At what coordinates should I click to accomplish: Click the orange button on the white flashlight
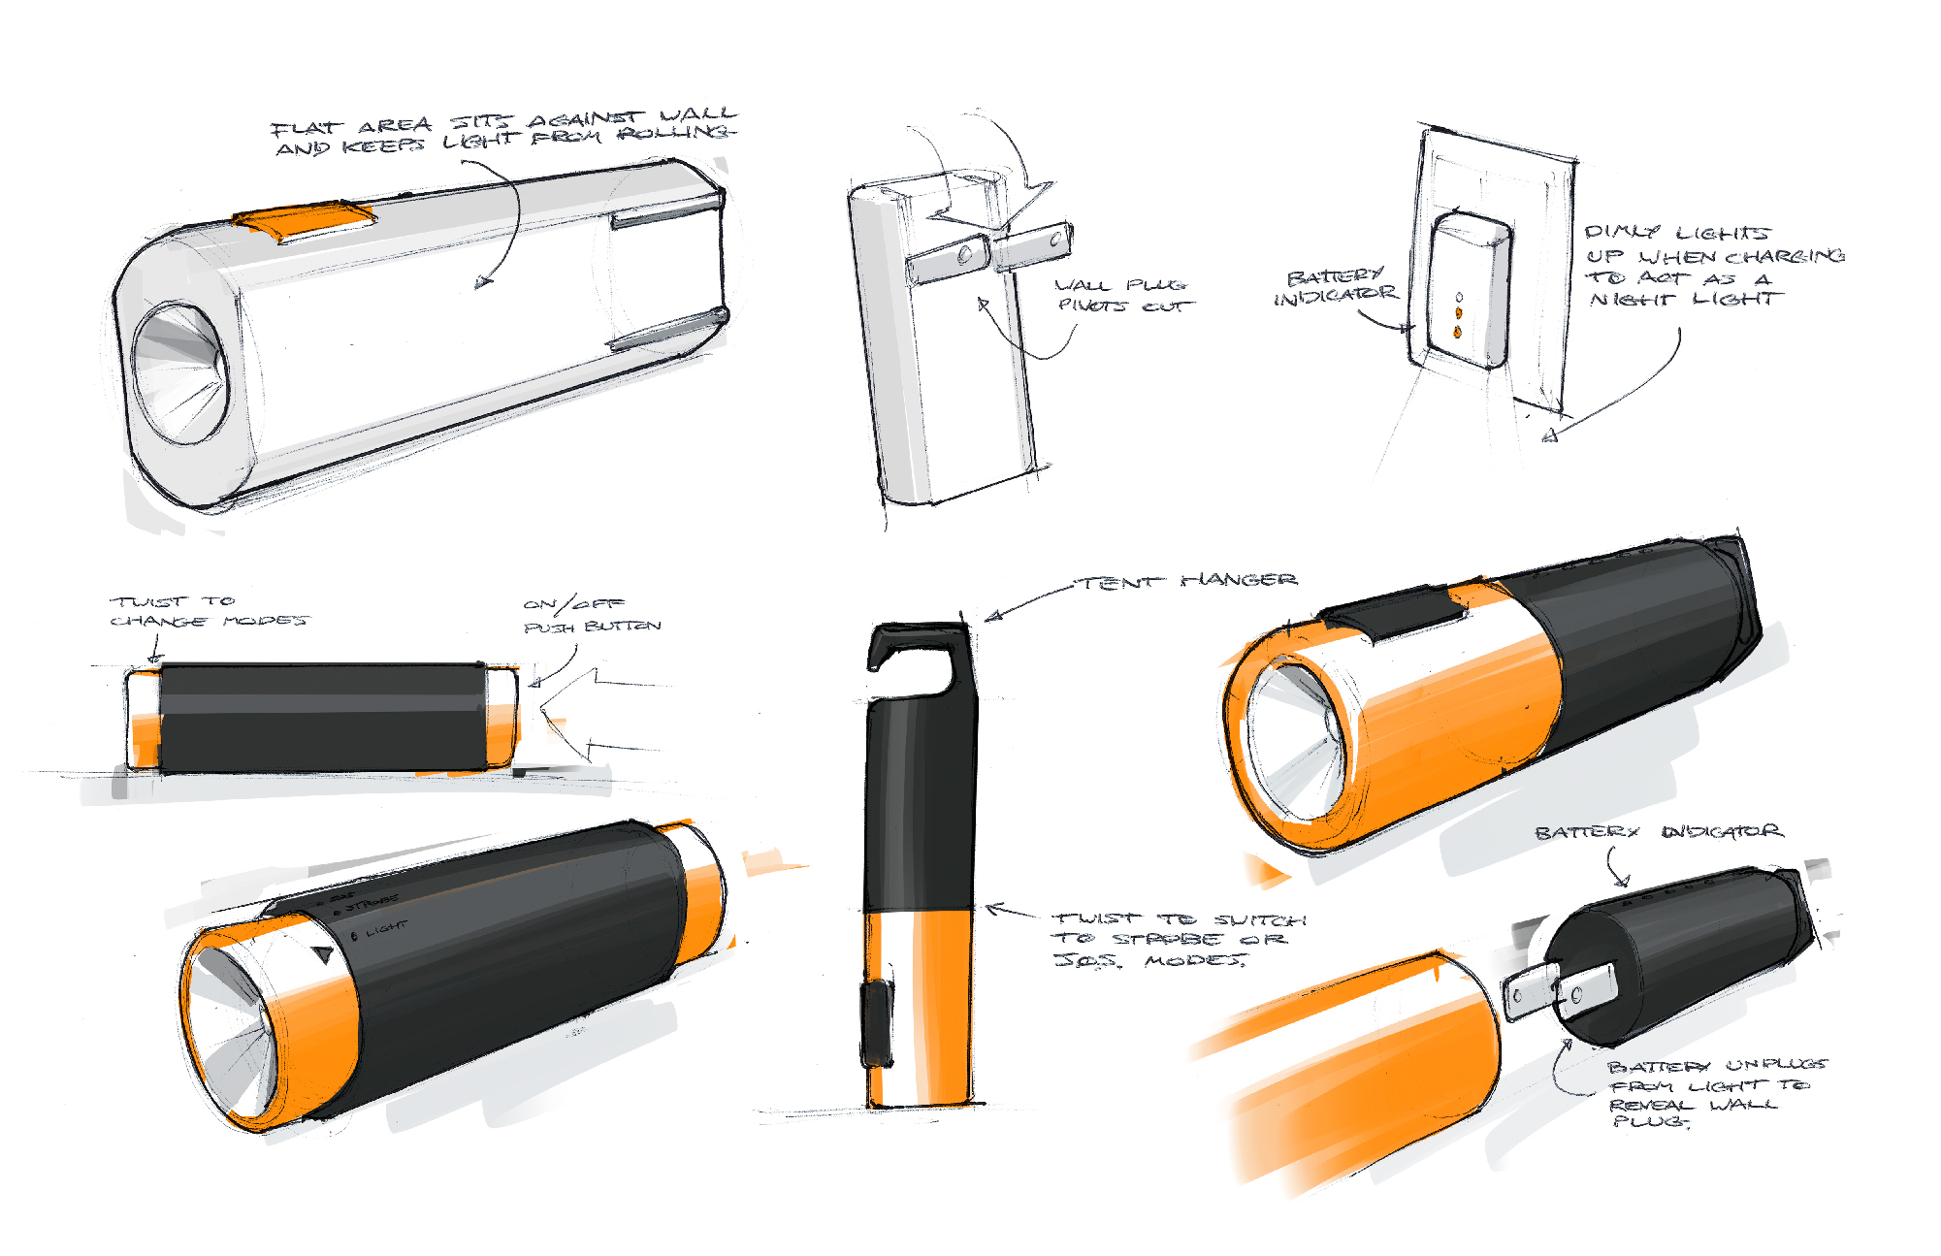point(305,220)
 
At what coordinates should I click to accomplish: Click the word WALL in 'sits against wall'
point(698,115)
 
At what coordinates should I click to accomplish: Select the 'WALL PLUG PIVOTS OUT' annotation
point(1123,295)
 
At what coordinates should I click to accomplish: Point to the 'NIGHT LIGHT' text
point(1686,300)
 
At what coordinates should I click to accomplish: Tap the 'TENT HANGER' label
point(1189,581)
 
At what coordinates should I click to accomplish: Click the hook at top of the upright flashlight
point(917,660)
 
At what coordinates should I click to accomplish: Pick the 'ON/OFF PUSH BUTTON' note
point(591,615)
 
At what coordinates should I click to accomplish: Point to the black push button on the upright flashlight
point(877,1023)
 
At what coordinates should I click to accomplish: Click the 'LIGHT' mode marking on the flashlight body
point(386,928)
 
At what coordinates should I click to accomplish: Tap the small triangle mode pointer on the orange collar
point(324,955)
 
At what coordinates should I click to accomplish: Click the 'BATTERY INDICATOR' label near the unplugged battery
point(1658,832)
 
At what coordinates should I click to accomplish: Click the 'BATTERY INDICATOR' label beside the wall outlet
point(1335,286)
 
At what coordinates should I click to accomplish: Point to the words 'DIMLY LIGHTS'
point(1676,233)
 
